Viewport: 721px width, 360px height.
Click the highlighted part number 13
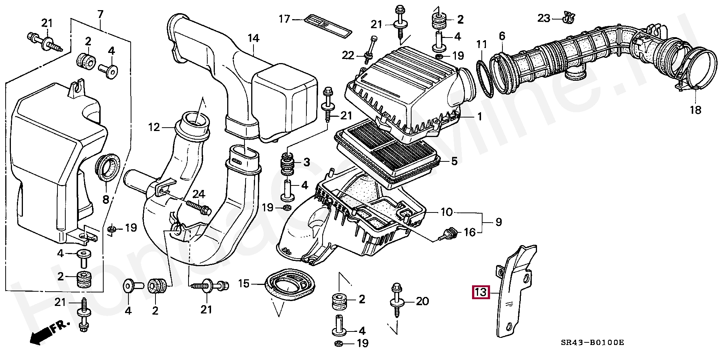pos(481,292)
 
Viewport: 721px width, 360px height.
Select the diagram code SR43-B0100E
pos(592,342)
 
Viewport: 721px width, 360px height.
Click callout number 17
pos(284,19)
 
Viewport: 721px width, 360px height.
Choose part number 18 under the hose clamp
pos(695,110)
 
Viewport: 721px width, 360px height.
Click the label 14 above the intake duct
pos(253,38)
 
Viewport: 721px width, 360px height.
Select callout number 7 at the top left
pos(100,15)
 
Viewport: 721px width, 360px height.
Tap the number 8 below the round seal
pos(106,199)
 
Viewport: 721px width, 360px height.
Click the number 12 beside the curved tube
pos(154,127)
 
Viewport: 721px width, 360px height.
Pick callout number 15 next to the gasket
pos(244,284)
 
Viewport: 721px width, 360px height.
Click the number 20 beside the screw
pos(422,301)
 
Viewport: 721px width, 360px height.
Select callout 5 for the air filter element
pos(454,161)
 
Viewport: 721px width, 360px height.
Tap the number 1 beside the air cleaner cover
pos(480,117)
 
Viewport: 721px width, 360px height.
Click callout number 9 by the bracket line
pos(498,222)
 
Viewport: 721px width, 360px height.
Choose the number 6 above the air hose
pos(502,36)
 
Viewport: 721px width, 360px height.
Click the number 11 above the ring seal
pos(481,45)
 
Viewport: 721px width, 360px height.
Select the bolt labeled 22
pos(369,51)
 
